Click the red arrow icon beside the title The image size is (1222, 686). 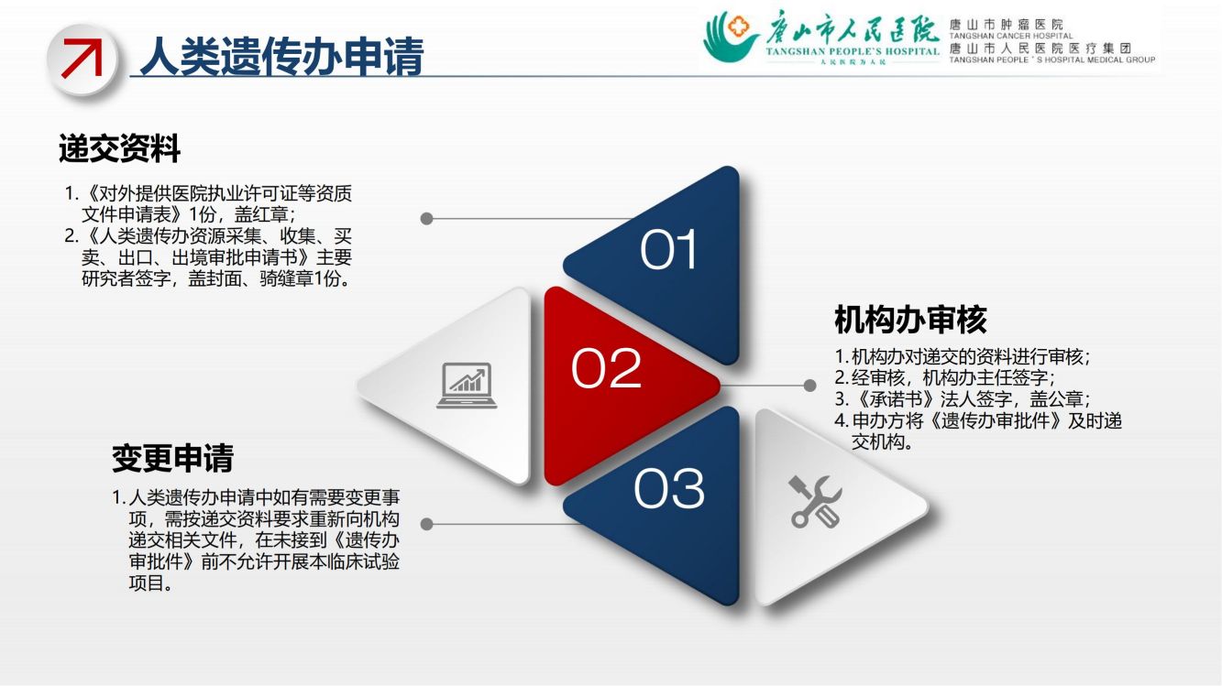click(83, 58)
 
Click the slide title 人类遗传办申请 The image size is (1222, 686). click(281, 56)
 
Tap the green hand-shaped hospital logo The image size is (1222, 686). click(731, 36)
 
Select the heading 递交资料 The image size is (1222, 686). click(119, 148)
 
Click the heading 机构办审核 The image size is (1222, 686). click(910, 320)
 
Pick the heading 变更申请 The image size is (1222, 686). click(172, 458)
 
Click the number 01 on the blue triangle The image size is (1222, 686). click(668, 249)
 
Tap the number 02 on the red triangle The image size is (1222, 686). click(606, 368)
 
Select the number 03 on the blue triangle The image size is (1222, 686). click(669, 488)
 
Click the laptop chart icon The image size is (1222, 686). click(467, 386)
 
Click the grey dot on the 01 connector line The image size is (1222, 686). click(426, 219)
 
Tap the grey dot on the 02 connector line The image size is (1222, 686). click(810, 386)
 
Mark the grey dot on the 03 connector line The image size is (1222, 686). click(426, 524)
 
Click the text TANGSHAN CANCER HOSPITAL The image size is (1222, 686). click(1011, 36)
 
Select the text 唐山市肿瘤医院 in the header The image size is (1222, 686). click(1007, 25)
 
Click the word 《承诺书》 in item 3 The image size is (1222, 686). click(893, 399)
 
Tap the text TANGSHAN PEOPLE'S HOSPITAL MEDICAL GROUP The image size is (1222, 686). click(1052, 60)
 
